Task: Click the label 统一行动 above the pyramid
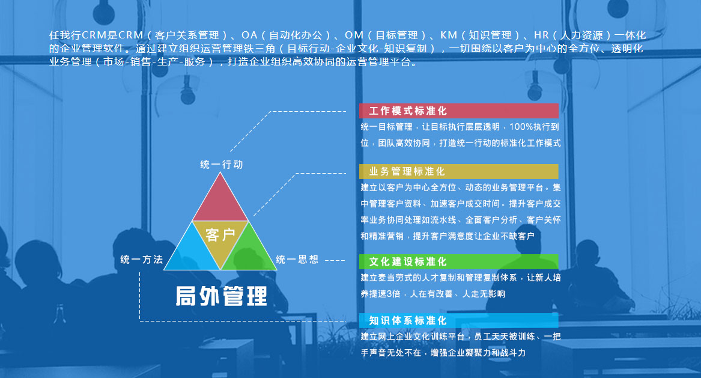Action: coord(222,165)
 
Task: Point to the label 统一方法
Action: coord(142,260)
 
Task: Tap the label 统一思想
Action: coord(297,260)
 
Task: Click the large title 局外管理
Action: coord(221,296)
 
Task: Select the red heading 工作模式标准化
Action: coord(408,111)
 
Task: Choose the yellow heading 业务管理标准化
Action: coord(407,171)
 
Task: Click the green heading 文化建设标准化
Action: coord(408,261)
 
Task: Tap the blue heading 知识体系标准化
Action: coord(408,321)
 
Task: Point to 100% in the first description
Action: coord(520,127)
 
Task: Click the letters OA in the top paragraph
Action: coord(249,35)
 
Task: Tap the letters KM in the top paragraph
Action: coord(449,35)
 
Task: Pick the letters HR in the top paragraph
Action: coord(541,35)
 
